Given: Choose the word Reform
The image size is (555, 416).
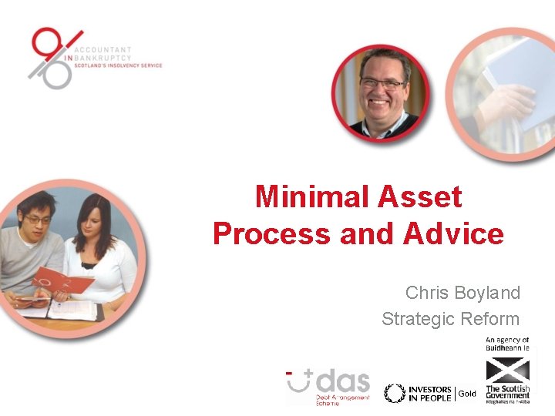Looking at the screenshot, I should [490, 319].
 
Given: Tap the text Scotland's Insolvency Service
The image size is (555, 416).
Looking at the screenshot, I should [118, 66].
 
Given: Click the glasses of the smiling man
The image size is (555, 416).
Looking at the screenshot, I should [382, 83].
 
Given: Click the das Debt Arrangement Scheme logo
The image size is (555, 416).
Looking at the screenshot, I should [328, 386].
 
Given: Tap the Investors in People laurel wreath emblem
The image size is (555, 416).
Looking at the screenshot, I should [395, 393].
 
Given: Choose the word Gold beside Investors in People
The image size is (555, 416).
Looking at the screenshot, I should [467, 394].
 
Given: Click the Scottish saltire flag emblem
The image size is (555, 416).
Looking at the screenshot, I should [507, 367].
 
